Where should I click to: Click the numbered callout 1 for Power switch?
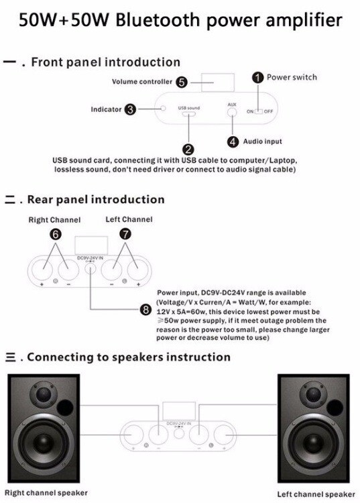257,78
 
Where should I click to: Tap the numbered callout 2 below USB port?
188,149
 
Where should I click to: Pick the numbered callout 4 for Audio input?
233,142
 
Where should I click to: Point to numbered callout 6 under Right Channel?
56,234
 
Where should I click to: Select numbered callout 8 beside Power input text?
145,309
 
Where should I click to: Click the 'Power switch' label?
292,77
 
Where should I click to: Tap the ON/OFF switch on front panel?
257,111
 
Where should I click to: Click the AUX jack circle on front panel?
233,112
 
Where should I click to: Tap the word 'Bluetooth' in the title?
156,20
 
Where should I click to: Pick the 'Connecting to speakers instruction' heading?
127,357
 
